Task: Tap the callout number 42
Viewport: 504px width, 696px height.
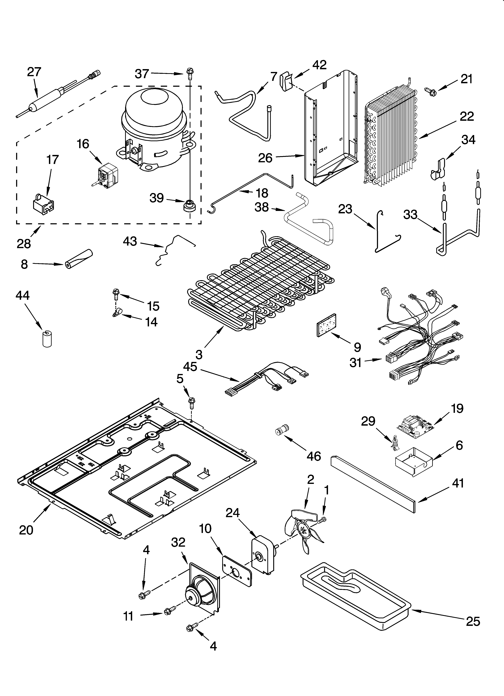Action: tap(319, 65)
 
